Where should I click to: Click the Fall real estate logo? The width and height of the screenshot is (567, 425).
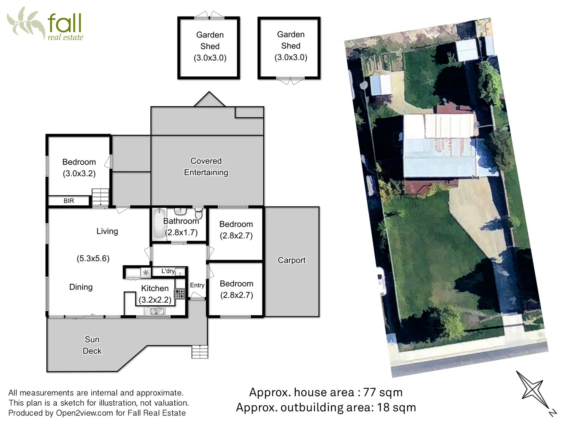tap(45, 24)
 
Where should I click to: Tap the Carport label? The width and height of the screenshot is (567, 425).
tap(291, 260)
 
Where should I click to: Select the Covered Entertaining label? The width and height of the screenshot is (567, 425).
tap(206, 166)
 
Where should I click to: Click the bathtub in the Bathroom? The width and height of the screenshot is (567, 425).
tap(158, 223)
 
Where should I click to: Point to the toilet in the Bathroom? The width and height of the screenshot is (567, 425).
tap(198, 214)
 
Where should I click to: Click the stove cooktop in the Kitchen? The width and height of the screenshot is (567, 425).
tap(180, 294)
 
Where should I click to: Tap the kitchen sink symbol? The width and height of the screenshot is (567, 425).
tap(154, 311)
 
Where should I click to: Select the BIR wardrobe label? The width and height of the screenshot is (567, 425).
tap(69, 201)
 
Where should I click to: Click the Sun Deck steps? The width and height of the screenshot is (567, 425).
tap(200, 351)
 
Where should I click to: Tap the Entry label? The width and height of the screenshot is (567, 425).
tap(197, 285)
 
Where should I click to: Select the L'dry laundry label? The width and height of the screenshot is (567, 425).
tap(168, 271)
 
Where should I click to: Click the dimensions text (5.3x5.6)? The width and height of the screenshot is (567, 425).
tap(93, 259)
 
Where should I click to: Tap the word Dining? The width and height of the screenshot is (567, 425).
tap(81, 287)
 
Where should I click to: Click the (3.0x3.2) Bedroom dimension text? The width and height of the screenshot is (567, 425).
tap(79, 174)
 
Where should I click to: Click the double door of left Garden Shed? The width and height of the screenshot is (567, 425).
tap(209, 16)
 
